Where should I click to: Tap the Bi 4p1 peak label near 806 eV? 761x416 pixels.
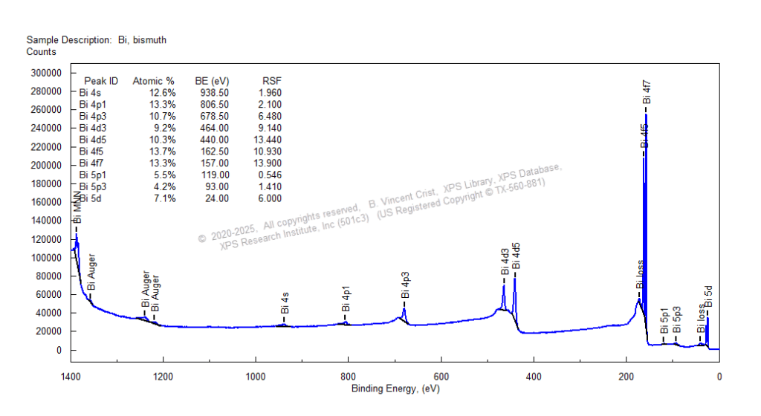[x=346, y=299]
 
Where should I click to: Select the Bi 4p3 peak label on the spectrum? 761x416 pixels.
[x=405, y=285]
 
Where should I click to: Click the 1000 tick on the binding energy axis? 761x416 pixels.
[x=256, y=377]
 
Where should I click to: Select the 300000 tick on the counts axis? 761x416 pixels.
[x=45, y=73]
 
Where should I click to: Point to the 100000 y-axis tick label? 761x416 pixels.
[x=45, y=258]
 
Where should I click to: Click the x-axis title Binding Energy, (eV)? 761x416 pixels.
[x=395, y=389]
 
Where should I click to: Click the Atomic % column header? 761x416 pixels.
[x=153, y=80]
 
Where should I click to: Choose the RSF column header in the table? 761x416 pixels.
[x=272, y=80]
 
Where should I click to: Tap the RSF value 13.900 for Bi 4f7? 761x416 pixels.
[x=268, y=163]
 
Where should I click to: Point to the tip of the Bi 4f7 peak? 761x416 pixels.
[x=646, y=115]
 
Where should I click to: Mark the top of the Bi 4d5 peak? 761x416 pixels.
[x=514, y=273]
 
